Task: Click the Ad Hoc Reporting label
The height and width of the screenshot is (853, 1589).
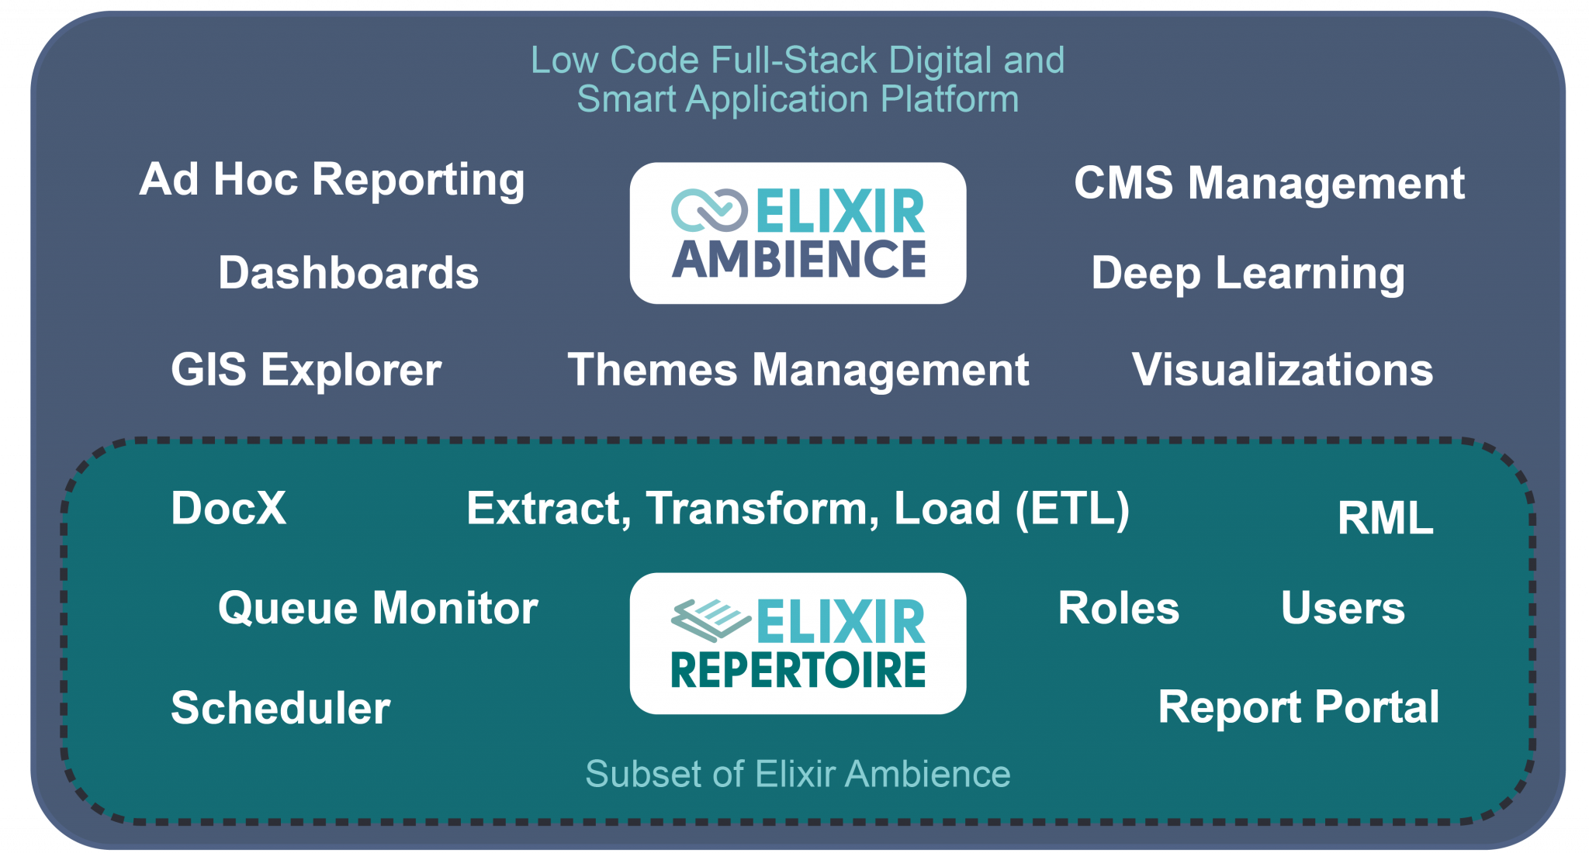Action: (x=332, y=180)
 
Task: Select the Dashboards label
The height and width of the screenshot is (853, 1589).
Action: (x=348, y=273)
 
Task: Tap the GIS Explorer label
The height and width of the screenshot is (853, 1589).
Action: (x=306, y=369)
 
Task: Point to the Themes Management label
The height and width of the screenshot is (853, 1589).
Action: (x=798, y=369)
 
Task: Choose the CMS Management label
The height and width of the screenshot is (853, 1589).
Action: (x=1269, y=183)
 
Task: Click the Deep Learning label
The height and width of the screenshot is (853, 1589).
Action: (x=1248, y=273)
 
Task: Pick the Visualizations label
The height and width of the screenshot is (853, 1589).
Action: (x=1282, y=369)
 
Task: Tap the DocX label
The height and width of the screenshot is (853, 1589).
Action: (x=228, y=509)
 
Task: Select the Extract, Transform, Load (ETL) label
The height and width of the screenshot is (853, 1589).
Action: (x=798, y=509)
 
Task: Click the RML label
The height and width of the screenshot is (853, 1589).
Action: (x=1385, y=518)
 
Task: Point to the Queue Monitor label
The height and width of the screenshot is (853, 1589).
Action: (x=378, y=608)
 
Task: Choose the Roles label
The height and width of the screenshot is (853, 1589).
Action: (x=1118, y=608)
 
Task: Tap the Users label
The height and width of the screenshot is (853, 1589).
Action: (x=1342, y=608)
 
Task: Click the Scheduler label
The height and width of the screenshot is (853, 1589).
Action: (x=280, y=708)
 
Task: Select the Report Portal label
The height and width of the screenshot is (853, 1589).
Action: (x=1298, y=707)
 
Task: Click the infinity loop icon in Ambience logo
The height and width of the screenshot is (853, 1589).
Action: (x=708, y=211)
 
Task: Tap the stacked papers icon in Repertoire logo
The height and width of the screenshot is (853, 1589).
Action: (x=710, y=620)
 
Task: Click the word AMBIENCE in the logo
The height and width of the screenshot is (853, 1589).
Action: (x=798, y=260)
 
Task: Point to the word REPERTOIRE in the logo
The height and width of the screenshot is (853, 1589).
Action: (x=798, y=671)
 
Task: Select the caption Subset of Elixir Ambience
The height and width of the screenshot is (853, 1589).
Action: (x=798, y=774)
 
